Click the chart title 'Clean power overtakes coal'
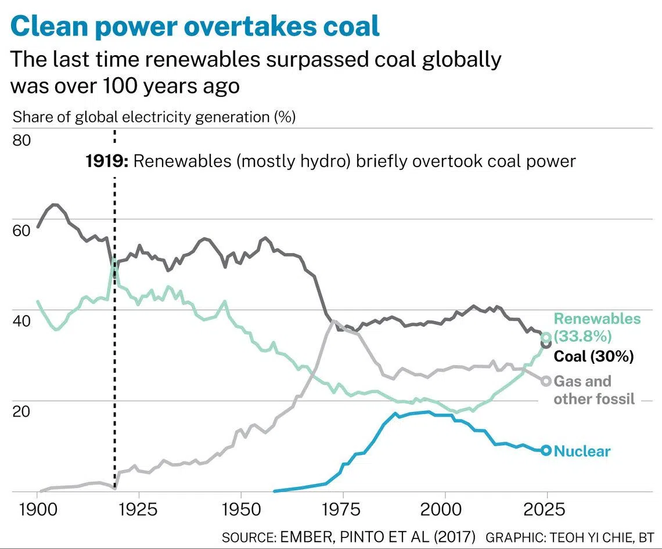tap(195, 26)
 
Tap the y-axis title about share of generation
tap(154, 117)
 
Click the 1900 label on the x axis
tap(38, 510)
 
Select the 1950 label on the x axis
tap(241, 510)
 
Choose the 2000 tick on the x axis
tap(445, 510)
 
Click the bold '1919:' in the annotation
tap(107, 161)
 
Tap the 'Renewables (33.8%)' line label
tap(597, 327)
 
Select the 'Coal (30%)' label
tap(593, 356)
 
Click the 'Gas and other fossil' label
tap(593, 390)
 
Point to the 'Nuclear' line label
tap(582, 451)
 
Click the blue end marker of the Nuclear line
tap(546, 450)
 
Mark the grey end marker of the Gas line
tap(546, 381)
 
